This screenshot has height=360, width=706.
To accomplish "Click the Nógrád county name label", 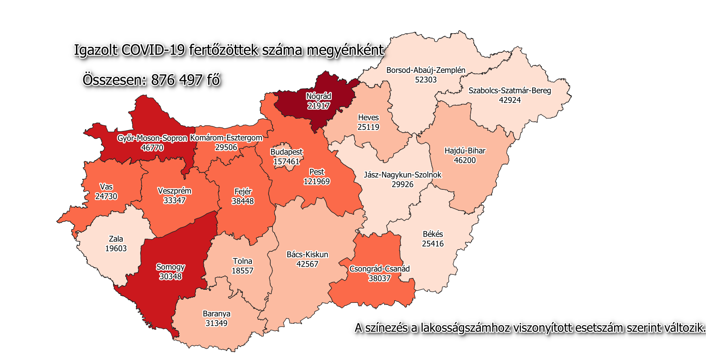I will pyautogui.click(x=318, y=96).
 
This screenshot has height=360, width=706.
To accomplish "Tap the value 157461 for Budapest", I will pyautogui.click(x=286, y=161).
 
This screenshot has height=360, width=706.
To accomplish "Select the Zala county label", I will pyautogui.click(x=116, y=239).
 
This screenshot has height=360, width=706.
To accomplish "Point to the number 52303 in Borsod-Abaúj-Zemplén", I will pyautogui.click(x=426, y=79).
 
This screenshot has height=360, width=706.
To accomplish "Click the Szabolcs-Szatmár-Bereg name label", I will pyautogui.click(x=510, y=91).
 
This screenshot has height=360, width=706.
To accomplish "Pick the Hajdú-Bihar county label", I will pyautogui.click(x=465, y=151).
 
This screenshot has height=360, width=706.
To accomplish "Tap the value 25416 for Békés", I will pyautogui.click(x=432, y=243).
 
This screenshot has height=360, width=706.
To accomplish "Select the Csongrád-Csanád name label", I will pyautogui.click(x=379, y=269).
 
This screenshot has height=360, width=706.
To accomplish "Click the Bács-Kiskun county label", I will pyautogui.click(x=307, y=254).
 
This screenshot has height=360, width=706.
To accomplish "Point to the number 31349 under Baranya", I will pyautogui.click(x=216, y=323).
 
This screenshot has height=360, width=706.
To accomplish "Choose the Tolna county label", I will pyautogui.click(x=242, y=261).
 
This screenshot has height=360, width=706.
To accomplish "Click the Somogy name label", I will pyautogui.click(x=170, y=267).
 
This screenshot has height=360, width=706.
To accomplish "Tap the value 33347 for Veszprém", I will pyautogui.click(x=174, y=200).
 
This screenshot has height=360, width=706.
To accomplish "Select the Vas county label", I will pyautogui.click(x=106, y=187).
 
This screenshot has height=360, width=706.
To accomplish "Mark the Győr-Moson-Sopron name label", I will pyautogui.click(x=152, y=138).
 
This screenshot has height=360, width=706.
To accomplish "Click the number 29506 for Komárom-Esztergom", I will pyautogui.click(x=226, y=147).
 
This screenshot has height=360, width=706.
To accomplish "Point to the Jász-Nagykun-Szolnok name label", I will pyautogui.click(x=402, y=175).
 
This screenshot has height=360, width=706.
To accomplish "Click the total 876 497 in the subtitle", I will pyautogui.click(x=177, y=80).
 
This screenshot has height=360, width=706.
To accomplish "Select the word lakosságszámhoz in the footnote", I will pyautogui.click(x=465, y=328).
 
